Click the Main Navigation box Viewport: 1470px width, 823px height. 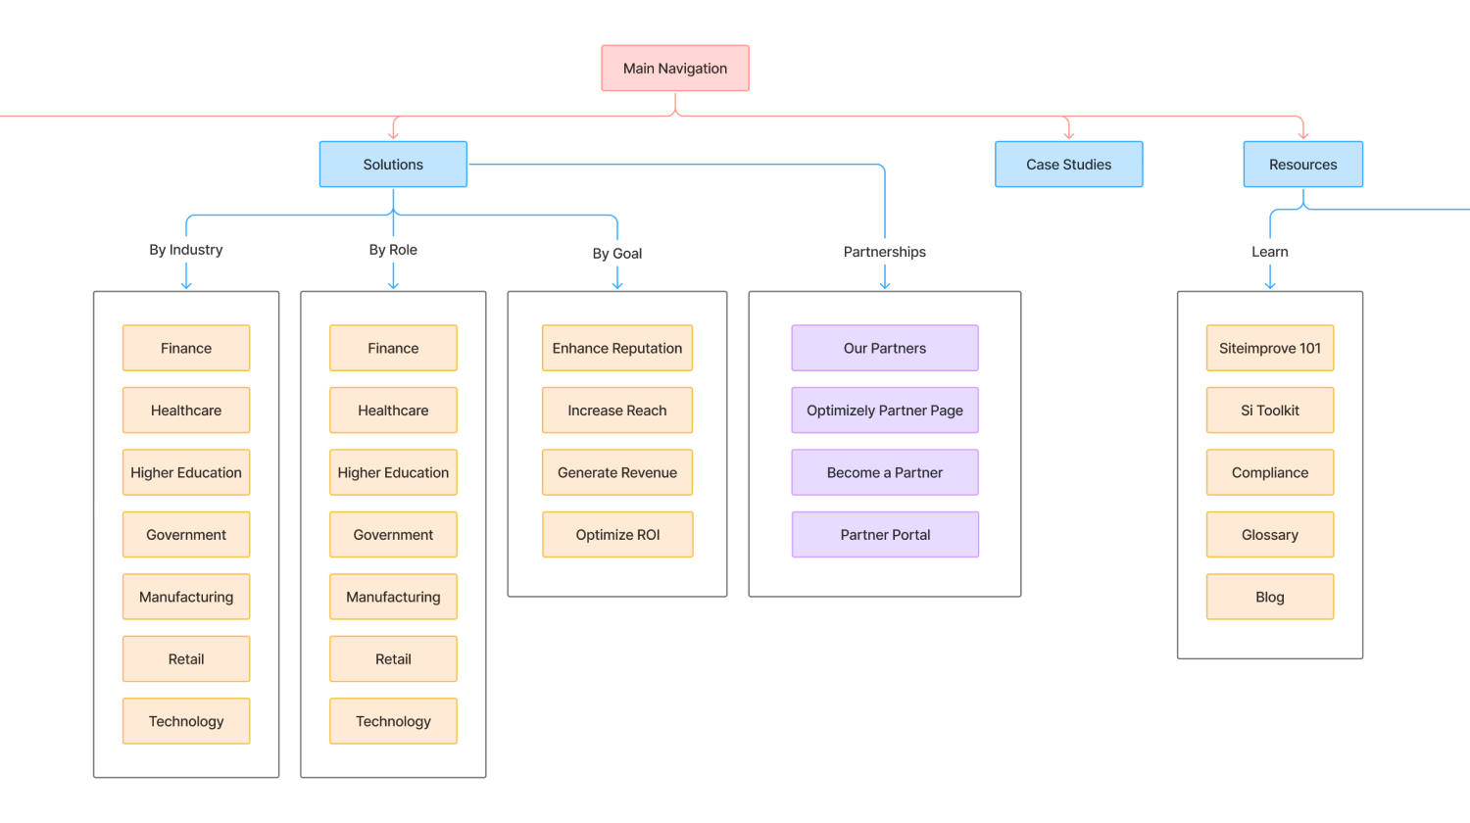pyautogui.click(x=675, y=69)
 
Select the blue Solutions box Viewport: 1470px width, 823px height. pyautogui.click(x=393, y=165)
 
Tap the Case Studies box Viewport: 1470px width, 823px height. pyautogui.click(x=1068, y=165)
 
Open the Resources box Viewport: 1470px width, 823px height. pyautogui.click(x=1302, y=165)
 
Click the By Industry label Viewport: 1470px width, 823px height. pyautogui.click(x=186, y=250)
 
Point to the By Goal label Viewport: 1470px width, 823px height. pyautogui.click(x=617, y=254)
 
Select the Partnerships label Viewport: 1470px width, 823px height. pyautogui.click(x=884, y=252)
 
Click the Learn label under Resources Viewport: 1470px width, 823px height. pyautogui.click(x=1269, y=252)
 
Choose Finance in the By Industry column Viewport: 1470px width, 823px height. pyautogui.click(x=186, y=348)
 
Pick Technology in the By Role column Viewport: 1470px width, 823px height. pyautogui.click(x=393, y=721)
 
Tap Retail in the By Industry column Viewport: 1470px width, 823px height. pyautogui.click(x=186, y=659)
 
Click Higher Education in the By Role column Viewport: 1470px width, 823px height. pyautogui.click(x=393, y=472)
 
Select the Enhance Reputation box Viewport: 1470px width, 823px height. pyautogui.click(x=617, y=348)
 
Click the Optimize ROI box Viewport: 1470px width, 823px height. pyautogui.click(x=617, y=535)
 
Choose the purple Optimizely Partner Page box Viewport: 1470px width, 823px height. pyautogui.click(x=884, y=411)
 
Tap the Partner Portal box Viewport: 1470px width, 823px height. pyautogui.click(x=884, y=535)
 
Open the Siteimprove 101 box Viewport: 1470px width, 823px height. pyautogui.click(x=1269, y=348)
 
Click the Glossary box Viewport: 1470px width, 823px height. pyautogui.click(x=1269, y=535)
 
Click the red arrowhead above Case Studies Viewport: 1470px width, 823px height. pyautogui.click(x=1068, y=133)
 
